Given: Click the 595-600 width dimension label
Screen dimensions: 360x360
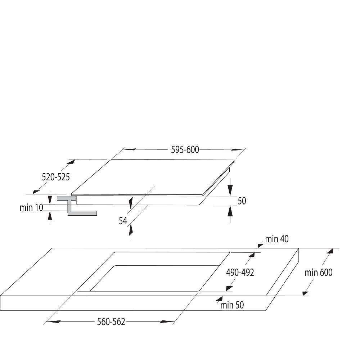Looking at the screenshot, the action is click(x=185, y=150).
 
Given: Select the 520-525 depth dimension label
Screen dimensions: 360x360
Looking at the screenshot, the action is click(x=55, y=177).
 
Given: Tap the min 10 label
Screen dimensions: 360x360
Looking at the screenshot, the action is click(x=31, y=208).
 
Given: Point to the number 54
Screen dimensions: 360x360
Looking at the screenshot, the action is click(x=123, y=221).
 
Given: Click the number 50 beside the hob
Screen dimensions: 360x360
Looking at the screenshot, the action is click(x=242, y=201).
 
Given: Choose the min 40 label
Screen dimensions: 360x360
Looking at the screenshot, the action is click(x=276, y=239).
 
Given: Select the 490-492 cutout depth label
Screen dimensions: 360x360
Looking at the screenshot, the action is click(x=240, y=273).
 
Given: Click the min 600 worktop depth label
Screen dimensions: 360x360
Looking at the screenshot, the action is click(x=319, y=273).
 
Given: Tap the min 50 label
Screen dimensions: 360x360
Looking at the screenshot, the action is click(x=232, y=305).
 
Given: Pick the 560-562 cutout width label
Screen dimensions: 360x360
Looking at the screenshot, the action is click(x=111, y=321).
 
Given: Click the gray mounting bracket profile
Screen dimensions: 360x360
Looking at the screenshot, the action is click(x=77, y=206).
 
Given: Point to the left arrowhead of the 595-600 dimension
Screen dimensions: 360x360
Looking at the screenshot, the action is click(x=129, y=149).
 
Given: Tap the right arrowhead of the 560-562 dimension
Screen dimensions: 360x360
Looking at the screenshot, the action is click(x=167, y=321).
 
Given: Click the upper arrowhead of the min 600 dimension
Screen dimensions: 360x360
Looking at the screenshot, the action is click(x=330, y=251).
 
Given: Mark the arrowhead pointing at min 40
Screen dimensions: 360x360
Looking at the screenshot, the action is click(x=261, y=245).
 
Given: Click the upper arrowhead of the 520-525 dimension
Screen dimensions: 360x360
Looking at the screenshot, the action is click(x=71, y=162).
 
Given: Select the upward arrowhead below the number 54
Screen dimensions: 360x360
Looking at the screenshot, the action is click(x=131, y=230).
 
